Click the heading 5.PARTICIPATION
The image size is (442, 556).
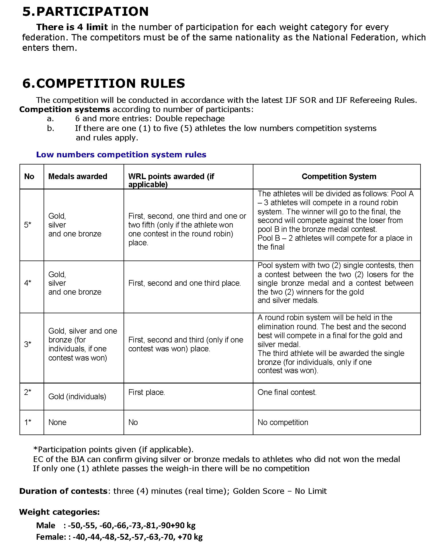[85, 11]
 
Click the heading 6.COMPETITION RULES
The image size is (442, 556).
[103, 83]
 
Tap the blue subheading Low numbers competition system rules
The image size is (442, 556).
[121, 155]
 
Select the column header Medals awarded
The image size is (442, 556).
[78, 176]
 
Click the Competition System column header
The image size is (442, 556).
[339, 176]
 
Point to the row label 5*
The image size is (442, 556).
[28, 225]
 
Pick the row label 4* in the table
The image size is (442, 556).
[28, 283]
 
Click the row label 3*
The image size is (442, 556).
[28, 344]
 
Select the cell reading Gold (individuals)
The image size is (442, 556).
[77, 396]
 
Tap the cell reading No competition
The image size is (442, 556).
[283, 422]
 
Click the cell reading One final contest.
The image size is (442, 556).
[287, 392]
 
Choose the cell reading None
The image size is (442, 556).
[57, 422]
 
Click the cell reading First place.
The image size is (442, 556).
[146, 392]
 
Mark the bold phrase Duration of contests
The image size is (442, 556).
[63, 491]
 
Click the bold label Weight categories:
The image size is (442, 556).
[59, 512]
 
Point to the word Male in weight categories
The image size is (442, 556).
[46, 525]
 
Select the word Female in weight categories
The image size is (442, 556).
[50, 537]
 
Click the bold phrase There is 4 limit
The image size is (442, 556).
[72, 27]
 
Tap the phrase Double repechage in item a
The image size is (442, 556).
[190, 119]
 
